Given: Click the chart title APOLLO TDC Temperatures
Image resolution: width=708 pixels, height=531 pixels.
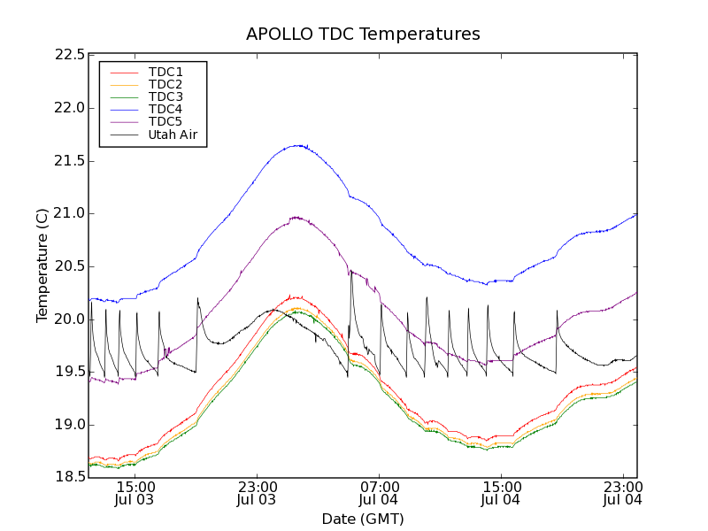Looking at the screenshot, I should point(363,35).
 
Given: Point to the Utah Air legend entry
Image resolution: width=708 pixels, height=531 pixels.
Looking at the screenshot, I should point(173,135).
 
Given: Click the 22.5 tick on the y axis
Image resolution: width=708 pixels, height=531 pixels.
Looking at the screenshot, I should point(69,55).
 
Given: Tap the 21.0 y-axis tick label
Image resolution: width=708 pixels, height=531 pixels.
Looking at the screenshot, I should point(69,213).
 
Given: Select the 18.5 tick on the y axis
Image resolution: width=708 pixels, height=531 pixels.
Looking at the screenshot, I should point(69,478).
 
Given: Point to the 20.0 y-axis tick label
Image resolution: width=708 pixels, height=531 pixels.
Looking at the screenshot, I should point(69,319).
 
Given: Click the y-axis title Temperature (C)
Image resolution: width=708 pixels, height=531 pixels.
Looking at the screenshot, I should point(42,265).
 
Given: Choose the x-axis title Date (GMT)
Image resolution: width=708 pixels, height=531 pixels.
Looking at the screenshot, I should point(363,519).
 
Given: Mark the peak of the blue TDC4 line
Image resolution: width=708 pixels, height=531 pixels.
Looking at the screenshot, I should point(299,145).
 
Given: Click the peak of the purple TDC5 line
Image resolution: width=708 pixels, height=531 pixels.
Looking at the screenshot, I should point(296,217).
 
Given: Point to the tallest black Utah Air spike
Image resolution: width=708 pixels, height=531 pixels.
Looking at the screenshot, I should point(350,271).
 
